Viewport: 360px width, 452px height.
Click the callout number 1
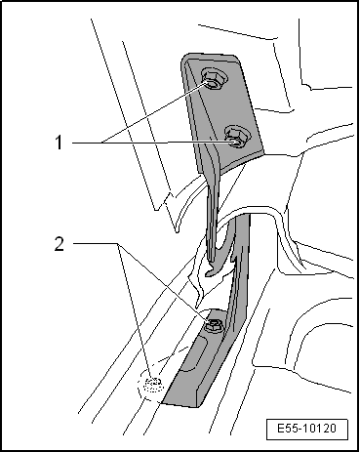tap(59, 143)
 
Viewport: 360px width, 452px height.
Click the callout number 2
tap(59, 243)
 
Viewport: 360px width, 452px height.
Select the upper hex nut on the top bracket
tap(211, 78)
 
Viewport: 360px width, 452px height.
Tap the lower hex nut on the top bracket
tap(235, 137)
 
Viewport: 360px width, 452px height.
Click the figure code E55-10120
tap(306, 429)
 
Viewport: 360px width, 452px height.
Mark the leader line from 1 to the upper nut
tap(155, 113)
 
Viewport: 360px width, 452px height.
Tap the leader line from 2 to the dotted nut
tap(135, 313)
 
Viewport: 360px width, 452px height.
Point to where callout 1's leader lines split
tap(102, 143)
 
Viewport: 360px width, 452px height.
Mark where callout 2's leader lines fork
tap(118, 243)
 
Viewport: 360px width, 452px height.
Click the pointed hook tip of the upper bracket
tap(206, 275)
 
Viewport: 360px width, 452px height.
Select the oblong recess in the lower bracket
tap(194, 354)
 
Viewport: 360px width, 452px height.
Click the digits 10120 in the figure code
tap(320, 429)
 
